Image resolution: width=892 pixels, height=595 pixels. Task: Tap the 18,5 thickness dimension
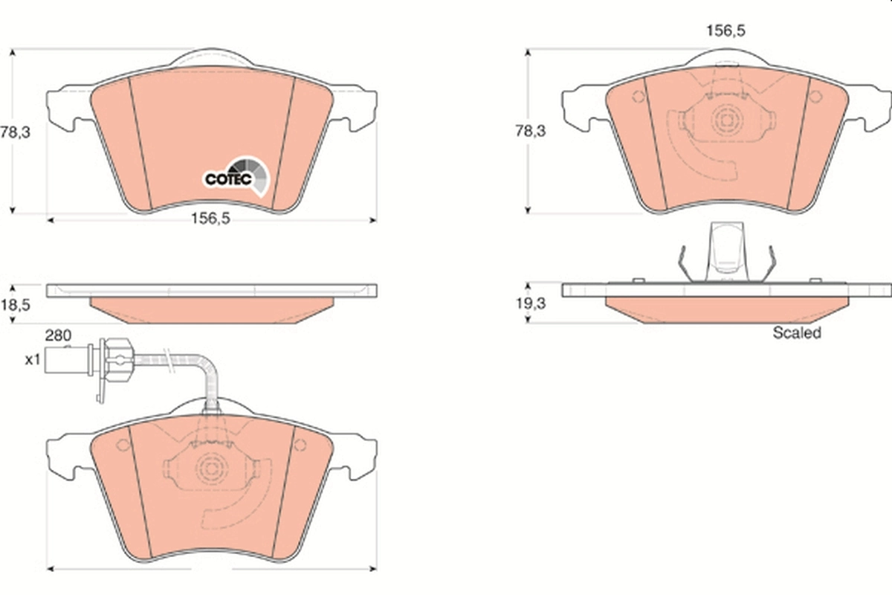coord(15,305)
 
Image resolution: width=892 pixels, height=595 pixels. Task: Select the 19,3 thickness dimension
coord(531,305)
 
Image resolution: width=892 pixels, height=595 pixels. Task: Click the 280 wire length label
coord(57,335)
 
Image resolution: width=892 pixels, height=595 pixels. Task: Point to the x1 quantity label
coord(32,360)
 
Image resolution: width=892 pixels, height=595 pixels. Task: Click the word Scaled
coord(796,333)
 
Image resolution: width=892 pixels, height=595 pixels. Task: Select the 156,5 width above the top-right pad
coord(725,30)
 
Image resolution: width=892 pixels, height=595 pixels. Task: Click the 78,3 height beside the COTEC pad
coord(15,132)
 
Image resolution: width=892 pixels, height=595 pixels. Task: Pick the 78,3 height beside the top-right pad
coord(531,131)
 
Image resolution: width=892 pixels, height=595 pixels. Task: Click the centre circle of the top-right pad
coord(726,119)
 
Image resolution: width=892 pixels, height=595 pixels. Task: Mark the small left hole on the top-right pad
coord(637,97)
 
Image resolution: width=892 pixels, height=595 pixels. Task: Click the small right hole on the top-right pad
coord(815,97)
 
